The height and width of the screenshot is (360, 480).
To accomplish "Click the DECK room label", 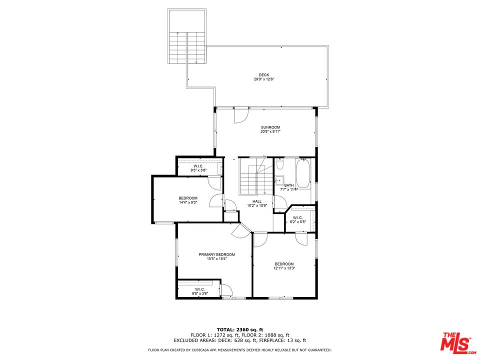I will [x=264, y=75].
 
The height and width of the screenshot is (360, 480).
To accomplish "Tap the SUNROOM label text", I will [x=270, y=127].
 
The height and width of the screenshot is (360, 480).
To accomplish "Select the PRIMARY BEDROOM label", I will [x=216, y=254].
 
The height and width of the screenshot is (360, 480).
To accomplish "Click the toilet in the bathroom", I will [x=280, y=164].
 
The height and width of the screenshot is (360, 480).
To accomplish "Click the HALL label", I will [x=257, y=201].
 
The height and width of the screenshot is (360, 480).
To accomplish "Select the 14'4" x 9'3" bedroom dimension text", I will [x=188, y=202].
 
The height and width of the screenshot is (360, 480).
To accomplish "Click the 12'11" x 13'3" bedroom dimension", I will [x=284, y=268].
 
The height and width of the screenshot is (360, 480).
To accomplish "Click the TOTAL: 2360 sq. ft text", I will [x=240, y=329].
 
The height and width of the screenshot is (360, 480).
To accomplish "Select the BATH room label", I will [x=289, y=185].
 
